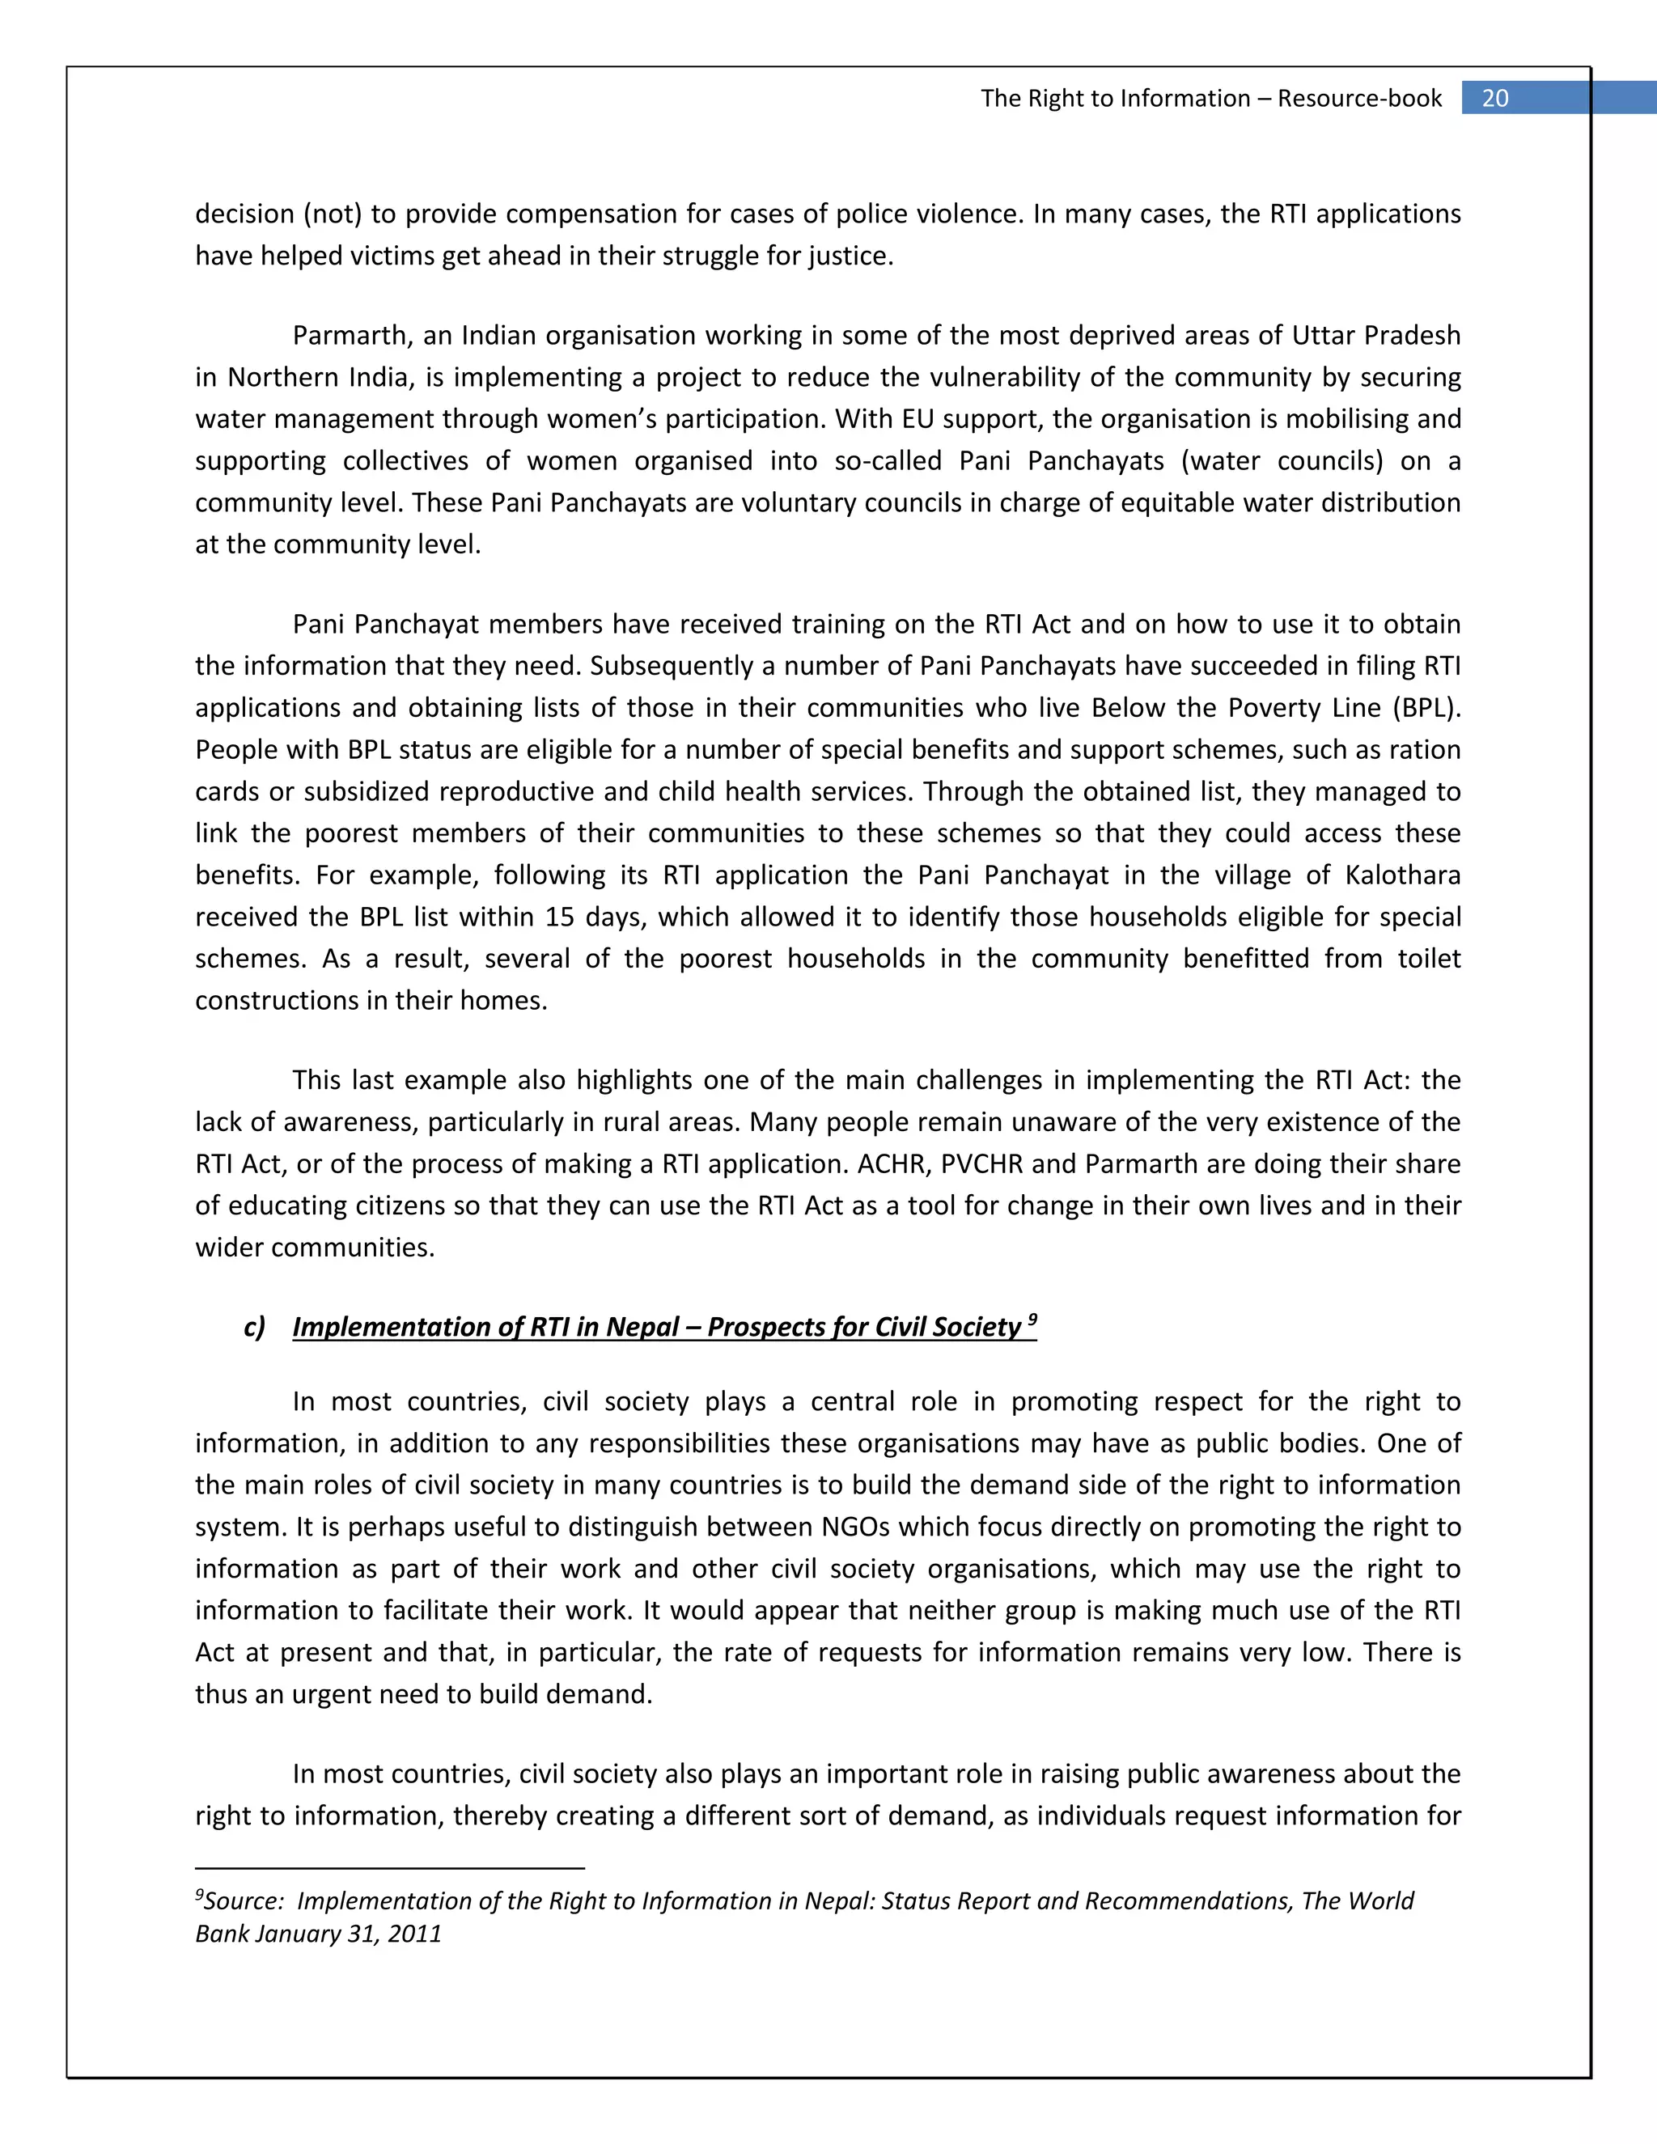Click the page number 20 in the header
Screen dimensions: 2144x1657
coord(1494,98)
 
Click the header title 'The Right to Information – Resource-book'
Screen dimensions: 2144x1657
coord(1210,98)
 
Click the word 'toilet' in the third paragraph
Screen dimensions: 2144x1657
coord(1430,958)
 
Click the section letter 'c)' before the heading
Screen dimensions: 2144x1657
coord(254,1327)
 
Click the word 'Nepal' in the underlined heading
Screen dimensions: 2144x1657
coord(642,1327)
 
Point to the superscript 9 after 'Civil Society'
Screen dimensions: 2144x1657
coord(1032,1320)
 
